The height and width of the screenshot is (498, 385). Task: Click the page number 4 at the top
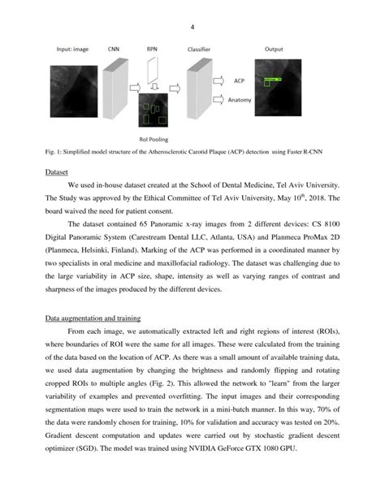(x=192, y=27)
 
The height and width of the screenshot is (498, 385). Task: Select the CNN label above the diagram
(x=115, y=50)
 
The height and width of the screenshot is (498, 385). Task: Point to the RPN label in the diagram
(x=153, y=50)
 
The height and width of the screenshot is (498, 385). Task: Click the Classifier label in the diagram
(x=201, y=50)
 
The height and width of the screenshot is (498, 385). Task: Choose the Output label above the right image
(x=273, y=50)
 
